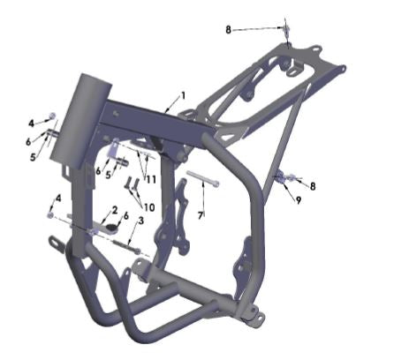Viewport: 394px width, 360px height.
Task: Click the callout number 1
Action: [183, 94]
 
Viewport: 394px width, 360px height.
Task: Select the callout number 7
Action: [201, 214]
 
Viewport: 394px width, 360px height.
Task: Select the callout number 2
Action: [114, 209]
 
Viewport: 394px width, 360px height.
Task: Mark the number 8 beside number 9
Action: [311, 185]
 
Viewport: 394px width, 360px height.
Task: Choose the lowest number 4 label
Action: [58, 198]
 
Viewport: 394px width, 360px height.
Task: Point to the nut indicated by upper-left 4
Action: [50, 116]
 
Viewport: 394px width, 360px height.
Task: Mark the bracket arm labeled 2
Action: [106, 226]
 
